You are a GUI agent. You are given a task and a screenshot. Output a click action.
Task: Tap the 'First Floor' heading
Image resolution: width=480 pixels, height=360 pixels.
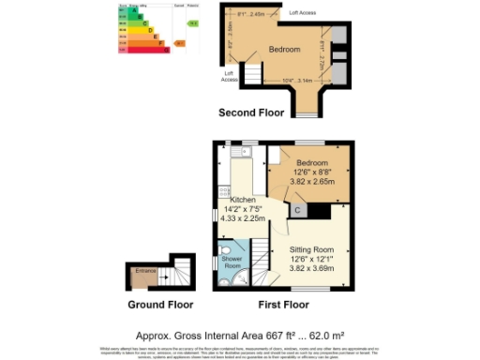[283, 305]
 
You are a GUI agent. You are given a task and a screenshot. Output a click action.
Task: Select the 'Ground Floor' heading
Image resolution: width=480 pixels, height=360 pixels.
[160, 305]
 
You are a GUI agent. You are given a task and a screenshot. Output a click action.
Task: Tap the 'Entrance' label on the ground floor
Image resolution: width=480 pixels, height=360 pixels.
[145, 271]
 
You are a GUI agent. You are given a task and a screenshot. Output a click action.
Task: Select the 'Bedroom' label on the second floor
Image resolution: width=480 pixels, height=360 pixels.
[284, 49]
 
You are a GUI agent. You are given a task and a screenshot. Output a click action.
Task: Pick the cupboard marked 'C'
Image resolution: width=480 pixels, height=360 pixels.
[297, 211]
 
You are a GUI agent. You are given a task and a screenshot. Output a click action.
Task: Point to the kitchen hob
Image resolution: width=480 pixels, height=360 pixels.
[223, 191]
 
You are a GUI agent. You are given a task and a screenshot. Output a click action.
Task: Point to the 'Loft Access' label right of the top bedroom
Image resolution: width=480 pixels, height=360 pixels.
[302, 13]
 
